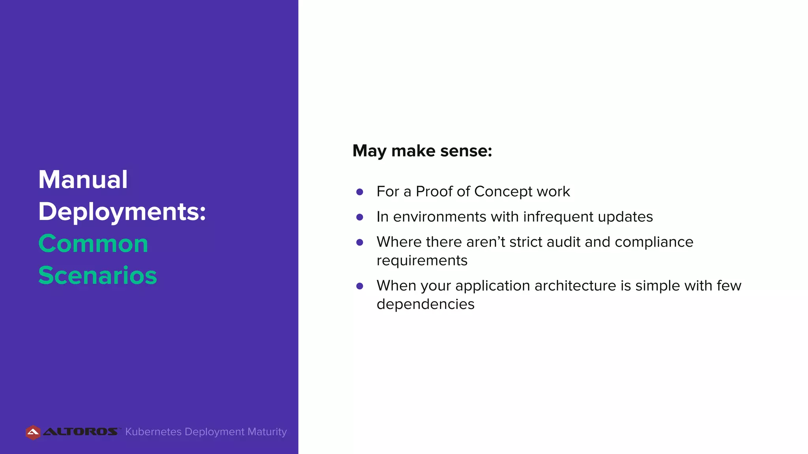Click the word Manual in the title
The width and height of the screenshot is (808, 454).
(x=83, y=180)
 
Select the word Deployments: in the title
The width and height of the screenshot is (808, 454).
(x=122, y=212)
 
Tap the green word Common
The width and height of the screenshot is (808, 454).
(x=93, y=244)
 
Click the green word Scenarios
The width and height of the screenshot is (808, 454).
(x=97, y=275)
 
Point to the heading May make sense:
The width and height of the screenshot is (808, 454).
(x=422, y=151)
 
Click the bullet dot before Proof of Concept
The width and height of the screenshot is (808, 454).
(x=359, y=192)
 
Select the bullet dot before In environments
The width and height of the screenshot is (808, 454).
(x=359, y=217)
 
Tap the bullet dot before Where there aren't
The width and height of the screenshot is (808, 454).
(x=359, y=242)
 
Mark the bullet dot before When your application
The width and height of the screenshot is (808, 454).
(x=359, y=286)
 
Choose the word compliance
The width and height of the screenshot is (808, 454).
(x=654, y=242)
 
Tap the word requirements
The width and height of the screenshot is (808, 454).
(x=422, y=261)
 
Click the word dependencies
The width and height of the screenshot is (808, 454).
(x=425, y=304)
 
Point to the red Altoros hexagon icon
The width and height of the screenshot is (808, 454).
(x=33, y=432)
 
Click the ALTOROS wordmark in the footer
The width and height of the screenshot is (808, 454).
(x=80, y=432)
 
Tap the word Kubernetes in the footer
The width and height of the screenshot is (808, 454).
(x=153, y=432)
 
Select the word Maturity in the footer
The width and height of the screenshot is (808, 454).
(x=267, y=432)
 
